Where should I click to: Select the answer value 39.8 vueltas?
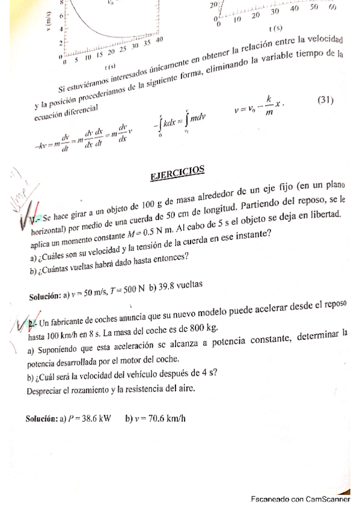[180, 284]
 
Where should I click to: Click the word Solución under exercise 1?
[45, 296]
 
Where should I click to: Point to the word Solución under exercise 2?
[41, 419]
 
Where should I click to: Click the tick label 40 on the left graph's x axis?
[159, 40]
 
